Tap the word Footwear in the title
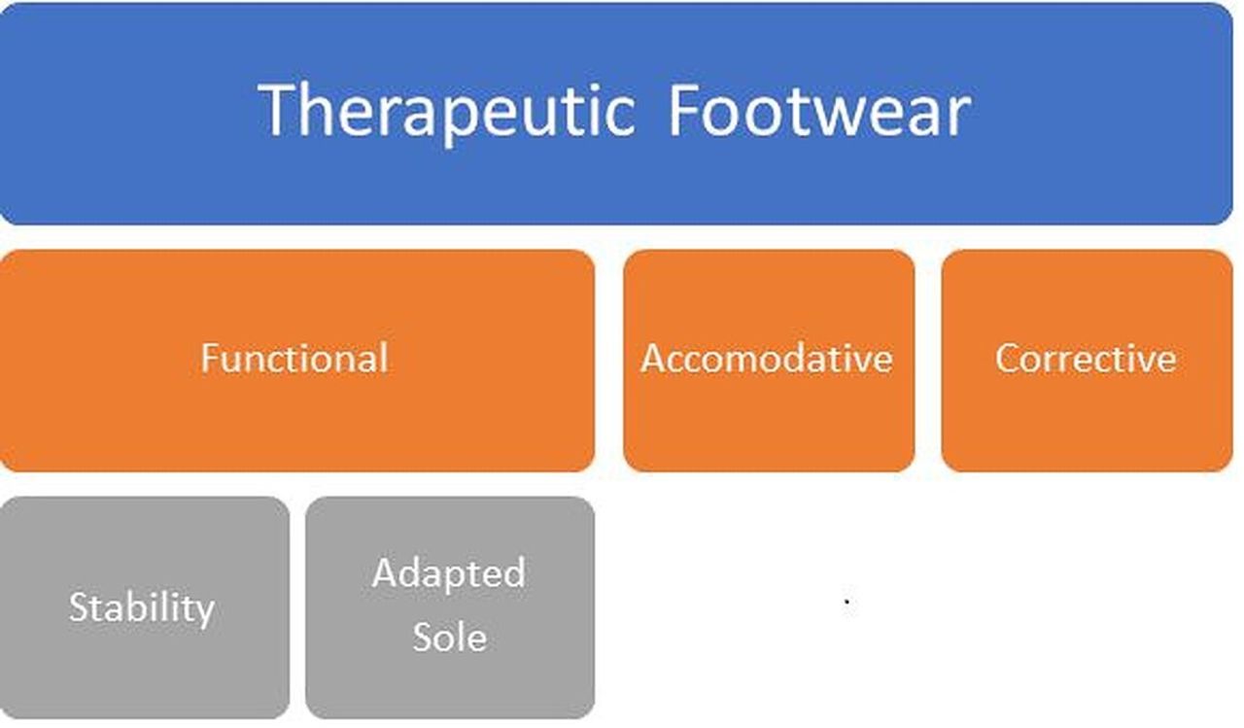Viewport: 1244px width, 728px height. tap(819, 110)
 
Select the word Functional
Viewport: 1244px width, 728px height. tap(294, 359)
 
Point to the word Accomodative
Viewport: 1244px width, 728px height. tap(767, 359)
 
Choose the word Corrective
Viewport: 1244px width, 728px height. tap(1086, 359)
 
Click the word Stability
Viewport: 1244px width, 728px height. tap(142, 608)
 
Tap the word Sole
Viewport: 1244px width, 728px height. tap(450, 637)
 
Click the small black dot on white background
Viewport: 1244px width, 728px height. tap(847, 601)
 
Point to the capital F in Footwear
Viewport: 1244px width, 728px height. tap(686, 110)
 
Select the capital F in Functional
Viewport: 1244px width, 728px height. tap(210, 359)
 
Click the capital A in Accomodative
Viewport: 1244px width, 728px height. tap(654, 359)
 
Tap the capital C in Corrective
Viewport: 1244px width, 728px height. tap(1008, 359)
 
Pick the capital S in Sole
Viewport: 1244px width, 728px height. tap(423, 637)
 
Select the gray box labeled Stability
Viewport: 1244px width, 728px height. tap(145, 607)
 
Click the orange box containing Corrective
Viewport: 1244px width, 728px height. tap(1087, 361)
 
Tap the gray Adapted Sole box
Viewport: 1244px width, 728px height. tap(450, 607)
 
